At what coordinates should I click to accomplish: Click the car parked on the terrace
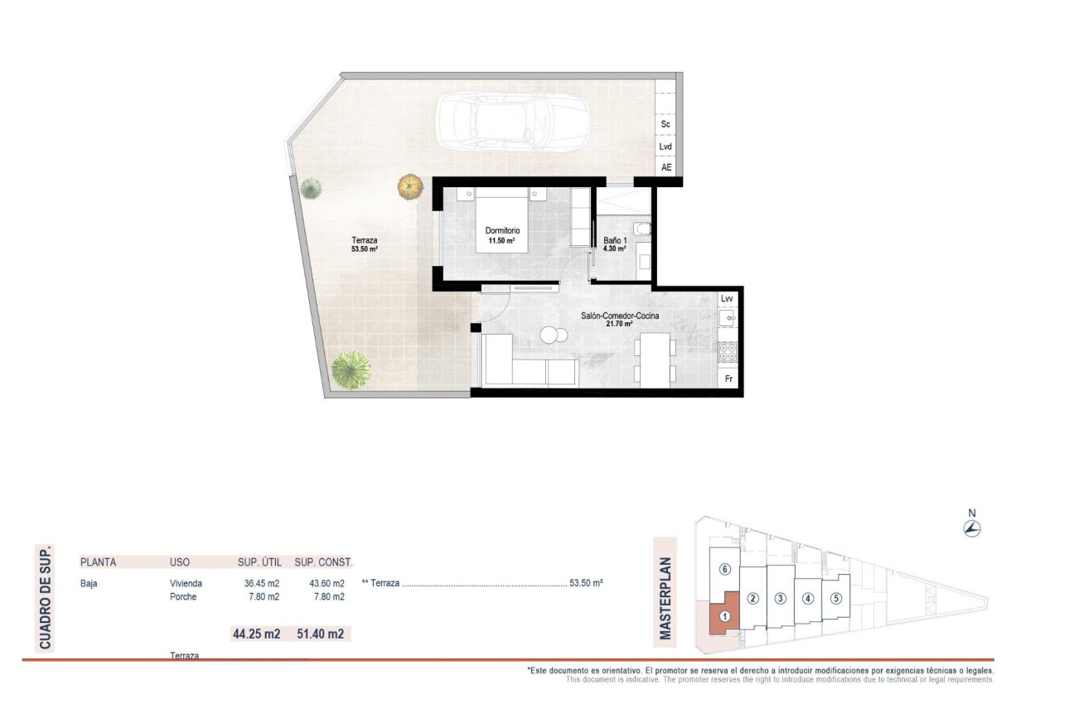(x=513, y=121)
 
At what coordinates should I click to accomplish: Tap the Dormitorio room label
(x=502, y=235)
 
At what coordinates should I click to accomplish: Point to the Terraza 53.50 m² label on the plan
(x=365, y=244)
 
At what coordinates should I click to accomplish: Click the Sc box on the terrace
(x=665, y=124)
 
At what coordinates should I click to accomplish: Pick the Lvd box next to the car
(x=665, y=147)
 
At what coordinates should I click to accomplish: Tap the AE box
(x=665, y=167)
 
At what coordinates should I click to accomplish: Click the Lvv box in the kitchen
(x=727, y=298)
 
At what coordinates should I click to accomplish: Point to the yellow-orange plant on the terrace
(x=409, y=186)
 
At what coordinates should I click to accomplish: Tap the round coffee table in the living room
(x=551, y=335)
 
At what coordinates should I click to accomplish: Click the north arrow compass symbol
(x=973, y=529)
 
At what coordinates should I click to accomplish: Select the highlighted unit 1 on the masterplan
(x=724, y=616)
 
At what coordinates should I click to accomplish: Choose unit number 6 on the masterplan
(x=724, y=570)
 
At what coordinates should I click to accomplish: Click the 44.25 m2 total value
(x=256, y=634)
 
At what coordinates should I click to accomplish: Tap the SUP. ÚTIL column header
(x=259, y=562)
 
